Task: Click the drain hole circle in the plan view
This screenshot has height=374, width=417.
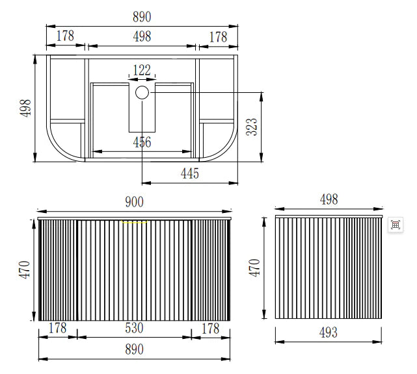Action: point(142,93)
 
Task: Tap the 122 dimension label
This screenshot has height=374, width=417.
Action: point(142,70)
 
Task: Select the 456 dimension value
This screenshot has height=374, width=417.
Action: point(142,142)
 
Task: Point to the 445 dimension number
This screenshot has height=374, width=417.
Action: point(190,173)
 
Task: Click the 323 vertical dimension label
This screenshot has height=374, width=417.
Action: point(252,127)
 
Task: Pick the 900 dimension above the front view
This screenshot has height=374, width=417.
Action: point(134,202)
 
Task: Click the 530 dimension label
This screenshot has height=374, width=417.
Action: point(134,328)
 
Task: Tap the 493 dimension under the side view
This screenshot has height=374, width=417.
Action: point(329,332)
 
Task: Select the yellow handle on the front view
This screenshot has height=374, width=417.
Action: point(134,221)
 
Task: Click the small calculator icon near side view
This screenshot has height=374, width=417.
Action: point(395,225)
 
